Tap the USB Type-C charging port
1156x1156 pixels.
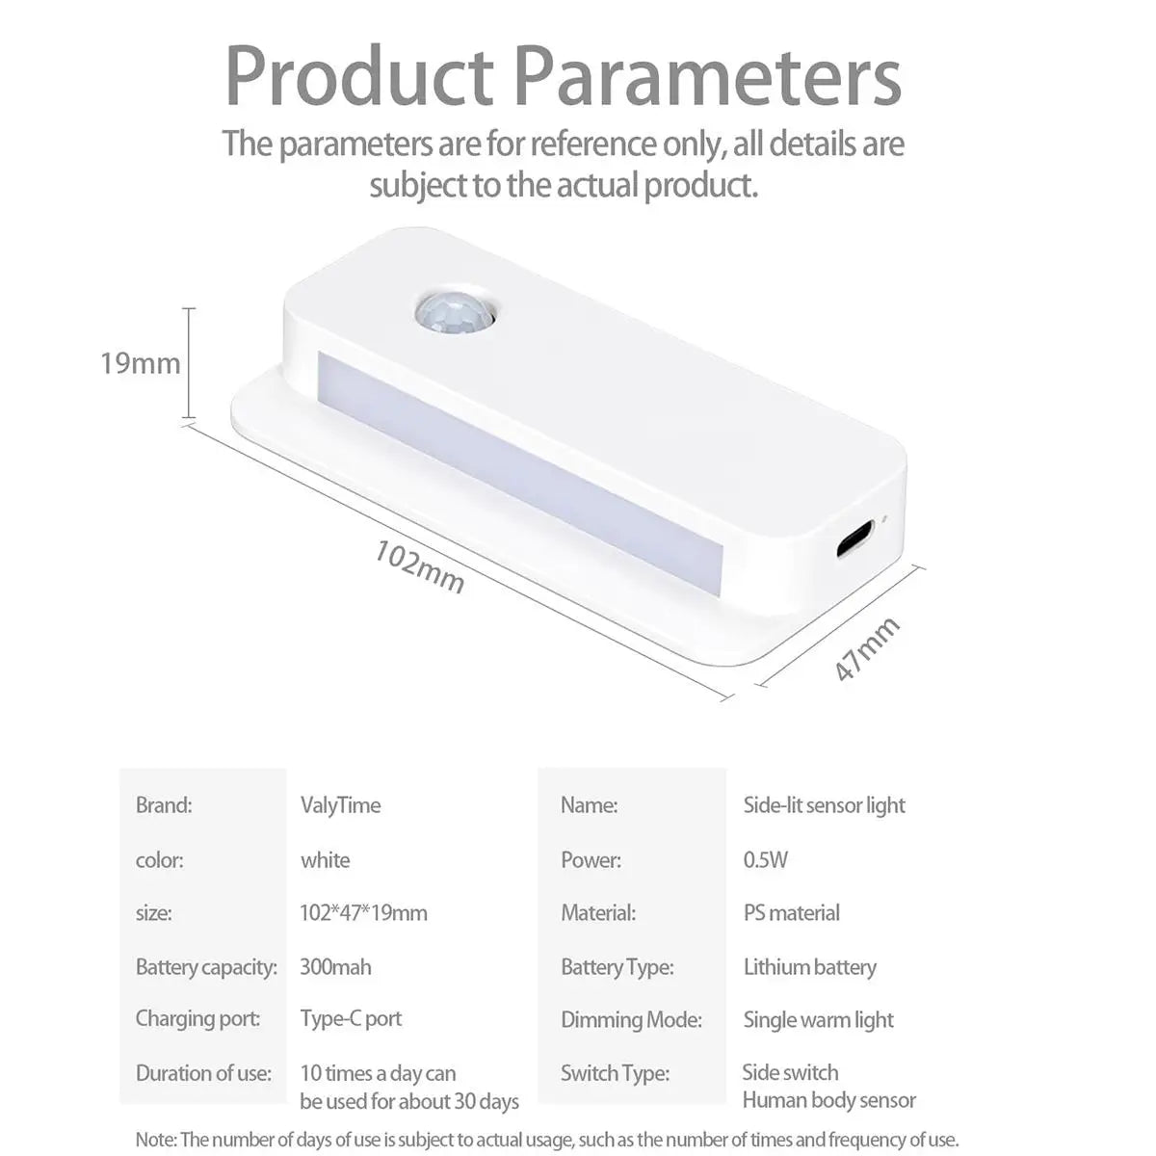(x=854, y=539)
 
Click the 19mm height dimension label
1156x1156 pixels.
(x=141, y=363)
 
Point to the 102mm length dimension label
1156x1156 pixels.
(x=419, y=566)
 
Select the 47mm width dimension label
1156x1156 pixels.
(x=867, y=648)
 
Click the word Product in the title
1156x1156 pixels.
(x=359, y=77)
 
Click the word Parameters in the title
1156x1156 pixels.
(x=708, y=78)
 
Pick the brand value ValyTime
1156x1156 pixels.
(x=340, y=805)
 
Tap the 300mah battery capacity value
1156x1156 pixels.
(x=335, y=967)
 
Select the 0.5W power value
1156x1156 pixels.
(x=766, y=859)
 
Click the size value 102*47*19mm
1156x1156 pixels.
(x=363, y=913)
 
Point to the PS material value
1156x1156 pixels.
(x=791, y=913)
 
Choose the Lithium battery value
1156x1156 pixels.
(x=810, y=967)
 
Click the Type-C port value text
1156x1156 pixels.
(x=351, y=1018)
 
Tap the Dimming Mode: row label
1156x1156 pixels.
(x=631, y=1020)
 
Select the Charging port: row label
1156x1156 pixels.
(x=198, y=1018)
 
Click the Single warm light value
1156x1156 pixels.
(x=818, y=1020)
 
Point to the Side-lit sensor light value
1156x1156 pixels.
(x=825, y=805)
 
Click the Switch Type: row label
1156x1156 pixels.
(x=615, y=1073)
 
